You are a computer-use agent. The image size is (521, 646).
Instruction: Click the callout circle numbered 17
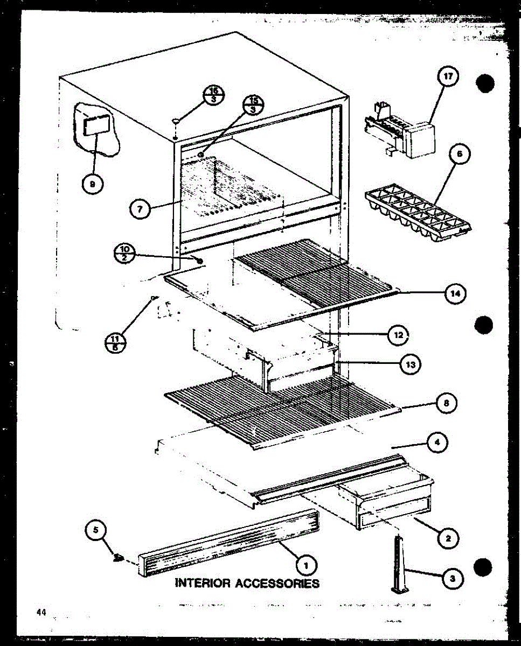[447, 78]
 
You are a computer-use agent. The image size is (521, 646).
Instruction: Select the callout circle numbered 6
[459, 155]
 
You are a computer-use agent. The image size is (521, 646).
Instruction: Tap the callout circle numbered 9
[92, 184]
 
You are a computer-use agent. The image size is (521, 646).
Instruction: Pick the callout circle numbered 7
[140, 209]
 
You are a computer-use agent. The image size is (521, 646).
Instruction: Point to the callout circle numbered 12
[398, 335]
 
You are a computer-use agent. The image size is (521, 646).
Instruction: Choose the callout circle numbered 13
[410, 364]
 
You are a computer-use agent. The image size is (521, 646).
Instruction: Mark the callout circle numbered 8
[445, 403]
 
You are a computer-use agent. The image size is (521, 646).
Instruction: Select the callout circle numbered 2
[448, 537]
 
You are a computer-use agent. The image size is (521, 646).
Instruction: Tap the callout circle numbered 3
[452, 579]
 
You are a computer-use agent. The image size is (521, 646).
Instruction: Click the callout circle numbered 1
[306, 565]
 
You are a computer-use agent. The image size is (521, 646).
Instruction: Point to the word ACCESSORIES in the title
[277, 583]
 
